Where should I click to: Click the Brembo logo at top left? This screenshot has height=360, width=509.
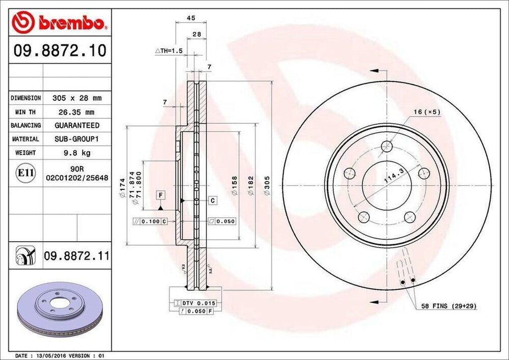point(59,22)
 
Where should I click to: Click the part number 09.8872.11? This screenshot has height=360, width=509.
point(77,256)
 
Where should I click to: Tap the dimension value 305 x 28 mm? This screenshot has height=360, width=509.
point(77,98)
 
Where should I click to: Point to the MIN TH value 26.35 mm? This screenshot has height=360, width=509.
point(77,112)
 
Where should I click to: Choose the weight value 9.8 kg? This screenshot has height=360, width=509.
point(77,153)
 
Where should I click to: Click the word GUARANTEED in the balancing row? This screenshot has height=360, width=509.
point(77,125)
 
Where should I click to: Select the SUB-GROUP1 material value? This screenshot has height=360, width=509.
point(77,139)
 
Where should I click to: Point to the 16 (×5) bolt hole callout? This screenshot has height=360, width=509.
point(426,112)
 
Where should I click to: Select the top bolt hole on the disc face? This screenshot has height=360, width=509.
point(386,147)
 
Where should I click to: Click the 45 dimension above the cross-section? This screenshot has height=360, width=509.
point(190,18)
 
